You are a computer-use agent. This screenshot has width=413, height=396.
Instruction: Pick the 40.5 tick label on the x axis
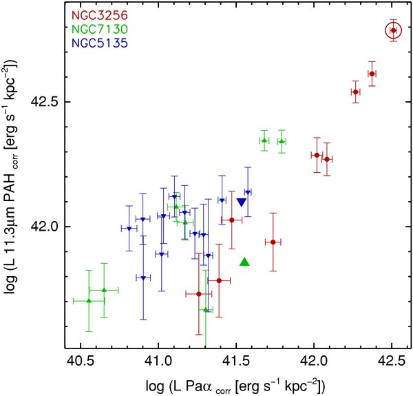click(80, 359)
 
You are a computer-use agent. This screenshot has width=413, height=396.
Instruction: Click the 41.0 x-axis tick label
click(158, 359)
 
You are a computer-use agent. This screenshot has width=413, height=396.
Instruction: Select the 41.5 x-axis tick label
click(236, 359)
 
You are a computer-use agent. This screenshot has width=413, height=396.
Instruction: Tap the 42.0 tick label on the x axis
click(314, 359)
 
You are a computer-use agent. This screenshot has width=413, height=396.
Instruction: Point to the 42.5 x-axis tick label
click(392, 359)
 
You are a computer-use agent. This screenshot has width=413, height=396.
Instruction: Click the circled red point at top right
click(393, 30)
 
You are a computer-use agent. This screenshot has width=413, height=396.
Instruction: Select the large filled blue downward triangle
click(242, 202)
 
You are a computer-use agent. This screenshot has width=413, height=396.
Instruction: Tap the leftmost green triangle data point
click(89, 300)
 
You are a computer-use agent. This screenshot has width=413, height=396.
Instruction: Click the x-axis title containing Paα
click(236, 382)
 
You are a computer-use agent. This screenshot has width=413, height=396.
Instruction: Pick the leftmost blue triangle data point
click(129, 229)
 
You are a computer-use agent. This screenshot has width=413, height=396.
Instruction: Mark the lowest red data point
click(199, 294)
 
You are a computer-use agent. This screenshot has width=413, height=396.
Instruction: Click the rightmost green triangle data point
click(282, 141)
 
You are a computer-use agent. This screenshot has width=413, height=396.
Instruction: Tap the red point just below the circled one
click(372, 74)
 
